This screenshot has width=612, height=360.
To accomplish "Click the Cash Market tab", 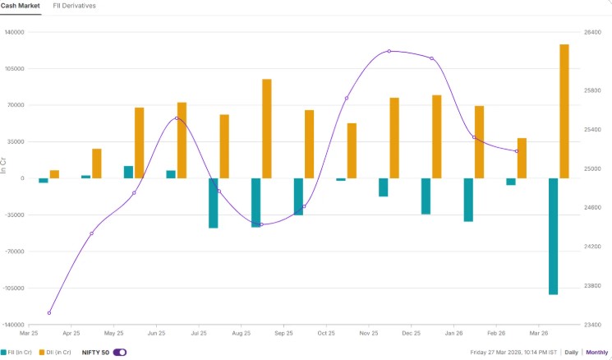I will click(x=23, y=6).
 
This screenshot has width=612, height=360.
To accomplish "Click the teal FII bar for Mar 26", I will click(x=553, y=236).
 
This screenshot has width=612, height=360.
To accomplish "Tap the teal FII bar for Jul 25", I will click(x=214, y=203).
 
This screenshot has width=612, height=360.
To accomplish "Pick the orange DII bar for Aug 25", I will click(x=266, y=128).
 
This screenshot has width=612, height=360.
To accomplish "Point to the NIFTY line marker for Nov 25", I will click(x=389, y=52).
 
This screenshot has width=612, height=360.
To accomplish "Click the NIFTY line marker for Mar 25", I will click(x=49, y=313).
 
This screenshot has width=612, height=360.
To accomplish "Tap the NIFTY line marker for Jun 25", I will click(x=177, y=118).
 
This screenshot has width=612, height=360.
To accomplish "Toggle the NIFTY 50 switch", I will click(x=120, y=352).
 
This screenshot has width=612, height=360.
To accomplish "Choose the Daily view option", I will click(x=571, y=352).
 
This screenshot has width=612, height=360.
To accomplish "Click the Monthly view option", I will click(x=597, y=352).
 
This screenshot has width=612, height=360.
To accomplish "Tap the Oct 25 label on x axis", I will click(x=326, y=334).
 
